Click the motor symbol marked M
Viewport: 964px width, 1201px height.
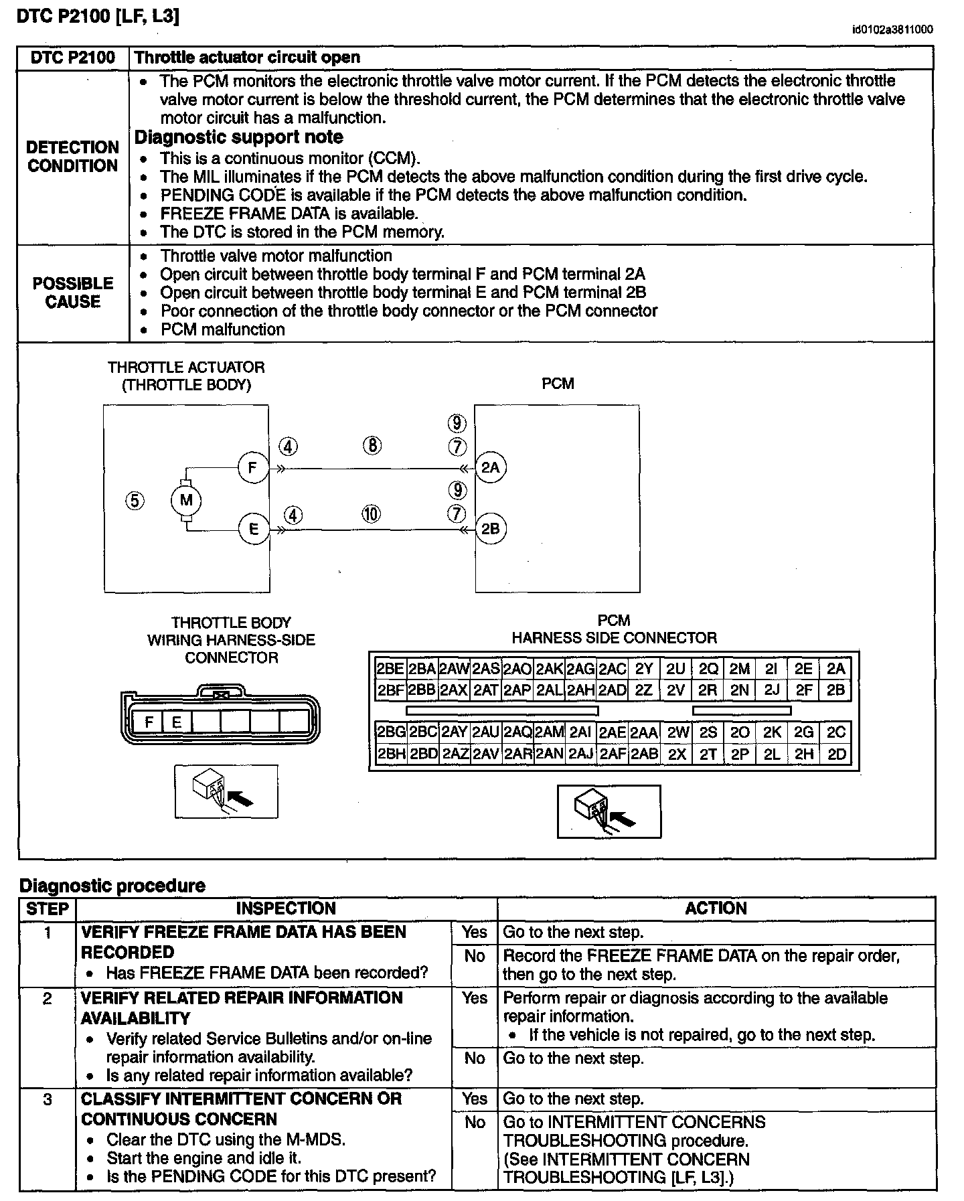pos(186,500)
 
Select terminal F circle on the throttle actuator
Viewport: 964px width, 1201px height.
pos(253,467)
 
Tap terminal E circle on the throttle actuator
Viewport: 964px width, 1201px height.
pos(253,529)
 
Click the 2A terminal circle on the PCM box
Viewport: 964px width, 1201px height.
pos(491,467)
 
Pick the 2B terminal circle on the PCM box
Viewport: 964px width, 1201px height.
pos(491,529)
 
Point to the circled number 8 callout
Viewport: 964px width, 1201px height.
pos(372,445)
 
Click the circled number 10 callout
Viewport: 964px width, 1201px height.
pos(371,513)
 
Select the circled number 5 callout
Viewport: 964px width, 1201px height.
pos(135,500)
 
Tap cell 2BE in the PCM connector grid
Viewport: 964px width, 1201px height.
pos(390,669)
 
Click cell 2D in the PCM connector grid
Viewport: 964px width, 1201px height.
pos(837,754)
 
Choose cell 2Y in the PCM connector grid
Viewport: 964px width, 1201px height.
pos(644,669)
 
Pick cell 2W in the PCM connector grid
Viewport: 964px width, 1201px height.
pos(677,733)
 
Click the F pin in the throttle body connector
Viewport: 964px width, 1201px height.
pos(149,722)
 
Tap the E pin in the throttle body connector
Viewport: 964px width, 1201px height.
pos(177,722)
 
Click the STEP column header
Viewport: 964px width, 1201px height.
pos(48,908)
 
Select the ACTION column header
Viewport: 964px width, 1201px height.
pos(716,908)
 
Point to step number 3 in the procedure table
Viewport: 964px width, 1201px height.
pos(48,1099)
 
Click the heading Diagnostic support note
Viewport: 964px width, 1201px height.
pos(239,137)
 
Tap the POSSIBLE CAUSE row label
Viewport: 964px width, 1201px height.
pos(73,293)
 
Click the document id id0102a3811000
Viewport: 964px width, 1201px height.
pos(892,29)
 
